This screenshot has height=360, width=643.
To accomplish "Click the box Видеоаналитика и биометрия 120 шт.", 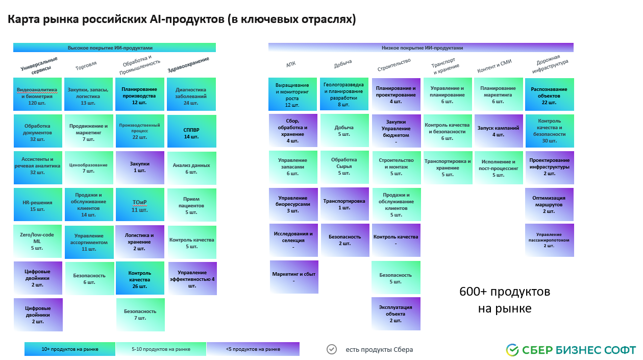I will (37, 94).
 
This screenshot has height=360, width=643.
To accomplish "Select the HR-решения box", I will (37, 205).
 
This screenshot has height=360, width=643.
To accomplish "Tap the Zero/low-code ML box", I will (37, 241).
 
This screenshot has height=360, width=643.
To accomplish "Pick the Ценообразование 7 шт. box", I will (89, 168).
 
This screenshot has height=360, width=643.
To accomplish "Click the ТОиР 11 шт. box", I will (139, 205).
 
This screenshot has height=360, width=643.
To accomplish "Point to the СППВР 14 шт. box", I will (191, 132).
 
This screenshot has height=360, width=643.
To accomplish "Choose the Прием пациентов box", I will (191, 205).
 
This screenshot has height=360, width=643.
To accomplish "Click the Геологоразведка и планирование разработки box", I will (343, 94).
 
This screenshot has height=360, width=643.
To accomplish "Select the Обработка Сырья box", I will (344, 166).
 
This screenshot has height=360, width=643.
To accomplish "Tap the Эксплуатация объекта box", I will (395, 314).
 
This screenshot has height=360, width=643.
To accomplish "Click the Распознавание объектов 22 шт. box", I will (549, 94).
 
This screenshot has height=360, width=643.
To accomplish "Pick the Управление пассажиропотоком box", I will (549, 240).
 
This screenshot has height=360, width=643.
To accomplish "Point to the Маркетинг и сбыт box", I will (294, 277).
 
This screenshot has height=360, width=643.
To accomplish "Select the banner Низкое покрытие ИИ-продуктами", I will (421, 47).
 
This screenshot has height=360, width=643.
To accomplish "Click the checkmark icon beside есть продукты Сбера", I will (332, 349).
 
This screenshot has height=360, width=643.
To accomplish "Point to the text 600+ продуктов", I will (504, 292).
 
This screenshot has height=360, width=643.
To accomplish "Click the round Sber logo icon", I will (512, 350).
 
